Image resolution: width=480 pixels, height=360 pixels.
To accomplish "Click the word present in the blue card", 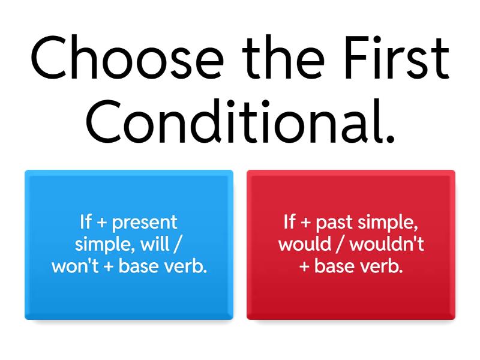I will pos(145,223).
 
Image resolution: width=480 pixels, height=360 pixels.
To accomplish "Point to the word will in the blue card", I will pos(157,244).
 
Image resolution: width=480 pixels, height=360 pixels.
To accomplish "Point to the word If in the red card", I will pos(290,222).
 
